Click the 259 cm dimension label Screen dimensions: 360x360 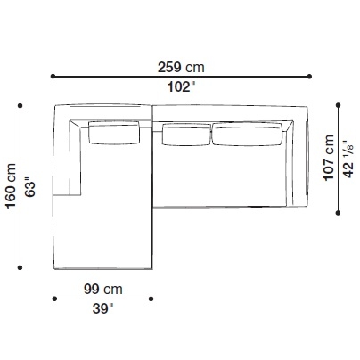click(181, 67)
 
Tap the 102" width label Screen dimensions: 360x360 click(182, 87)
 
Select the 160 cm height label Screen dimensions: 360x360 click(11, 186)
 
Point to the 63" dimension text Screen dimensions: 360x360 click(30, 187)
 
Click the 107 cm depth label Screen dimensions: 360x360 click(329, 158)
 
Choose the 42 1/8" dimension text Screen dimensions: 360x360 click(348, 160)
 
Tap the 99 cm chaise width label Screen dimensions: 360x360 click(103, 289)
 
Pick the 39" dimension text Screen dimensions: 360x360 click(102, 308)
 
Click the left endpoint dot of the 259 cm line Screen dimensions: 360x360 click(53, 77)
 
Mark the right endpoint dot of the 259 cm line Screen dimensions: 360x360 click(309, 77)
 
